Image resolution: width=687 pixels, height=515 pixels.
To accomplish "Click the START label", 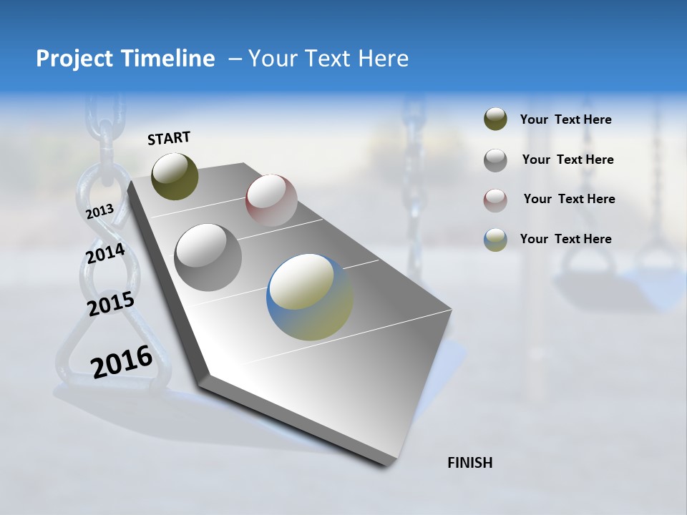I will (169, 138).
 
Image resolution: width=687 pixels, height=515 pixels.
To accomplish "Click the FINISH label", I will (469, 463).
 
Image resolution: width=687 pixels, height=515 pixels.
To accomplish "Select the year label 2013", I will (99, 212).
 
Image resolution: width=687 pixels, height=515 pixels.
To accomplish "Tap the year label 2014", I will (105, 253).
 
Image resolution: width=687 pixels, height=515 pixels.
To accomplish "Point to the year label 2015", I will (111, 304).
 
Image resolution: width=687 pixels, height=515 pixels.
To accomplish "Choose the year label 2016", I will (122, 362).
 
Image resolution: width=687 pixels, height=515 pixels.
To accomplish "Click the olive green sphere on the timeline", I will (175, 176).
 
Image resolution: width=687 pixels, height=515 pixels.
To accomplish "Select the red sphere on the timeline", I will (271, 200).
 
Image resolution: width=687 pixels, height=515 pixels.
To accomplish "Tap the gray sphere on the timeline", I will (208, 257).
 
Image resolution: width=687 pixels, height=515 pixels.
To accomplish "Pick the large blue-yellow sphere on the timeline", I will (310, 297).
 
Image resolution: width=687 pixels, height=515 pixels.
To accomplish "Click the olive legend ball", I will (495, 119).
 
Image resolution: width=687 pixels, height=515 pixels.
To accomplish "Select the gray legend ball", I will (495, 160).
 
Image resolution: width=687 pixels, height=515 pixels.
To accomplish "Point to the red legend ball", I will (495, 200).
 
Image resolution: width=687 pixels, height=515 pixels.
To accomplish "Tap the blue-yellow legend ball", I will (495, 240).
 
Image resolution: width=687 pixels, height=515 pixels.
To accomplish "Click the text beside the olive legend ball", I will (565, 119).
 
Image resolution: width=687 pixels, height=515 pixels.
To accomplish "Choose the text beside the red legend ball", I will (569, 199).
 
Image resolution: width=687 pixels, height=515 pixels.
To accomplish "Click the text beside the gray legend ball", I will (567, 160).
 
